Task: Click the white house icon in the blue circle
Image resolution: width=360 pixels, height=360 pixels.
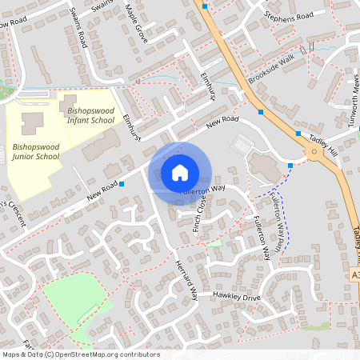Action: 179,172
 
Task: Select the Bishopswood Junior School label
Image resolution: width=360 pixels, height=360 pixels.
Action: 36,152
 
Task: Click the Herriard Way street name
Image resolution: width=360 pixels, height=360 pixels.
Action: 187,282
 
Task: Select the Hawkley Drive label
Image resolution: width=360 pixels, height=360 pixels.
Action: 237,296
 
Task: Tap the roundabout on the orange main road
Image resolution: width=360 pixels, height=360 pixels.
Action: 314,150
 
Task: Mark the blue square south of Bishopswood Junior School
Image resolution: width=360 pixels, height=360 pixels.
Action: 122,184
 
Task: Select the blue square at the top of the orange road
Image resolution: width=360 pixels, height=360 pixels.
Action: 205,6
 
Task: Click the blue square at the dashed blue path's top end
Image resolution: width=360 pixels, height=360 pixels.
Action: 290,166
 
